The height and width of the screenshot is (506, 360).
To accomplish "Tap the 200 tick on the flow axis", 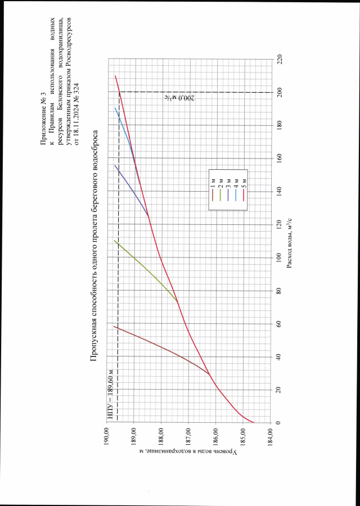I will tap(280, 92).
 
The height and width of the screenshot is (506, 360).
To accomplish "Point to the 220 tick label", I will tap(280, 58).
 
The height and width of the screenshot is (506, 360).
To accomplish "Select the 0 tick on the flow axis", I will tap(280, 423).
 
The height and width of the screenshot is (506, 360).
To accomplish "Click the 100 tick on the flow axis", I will tap(280, 257).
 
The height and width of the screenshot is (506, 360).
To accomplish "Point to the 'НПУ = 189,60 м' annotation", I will tap(111, 394).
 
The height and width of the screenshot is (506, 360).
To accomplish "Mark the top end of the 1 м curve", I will tap(114, 327).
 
